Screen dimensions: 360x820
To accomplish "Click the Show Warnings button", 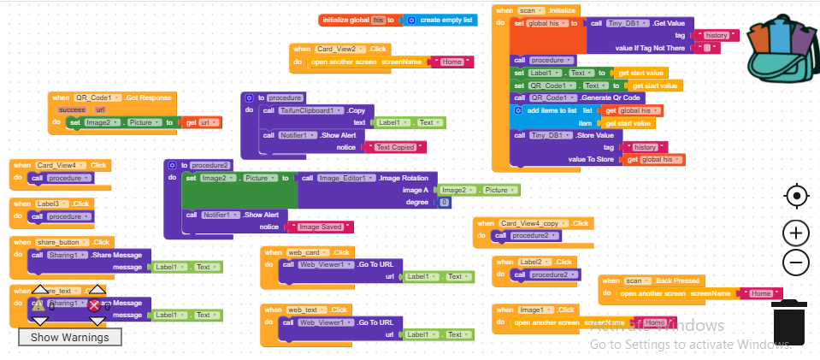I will [70, 337].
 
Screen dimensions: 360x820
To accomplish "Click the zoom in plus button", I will [795, 233].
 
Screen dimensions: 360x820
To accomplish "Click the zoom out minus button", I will [795, 263].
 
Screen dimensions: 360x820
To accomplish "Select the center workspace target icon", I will [795, 197].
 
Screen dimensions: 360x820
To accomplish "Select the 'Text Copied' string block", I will [395, 147].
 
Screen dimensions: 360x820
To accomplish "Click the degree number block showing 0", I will [444, 202].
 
